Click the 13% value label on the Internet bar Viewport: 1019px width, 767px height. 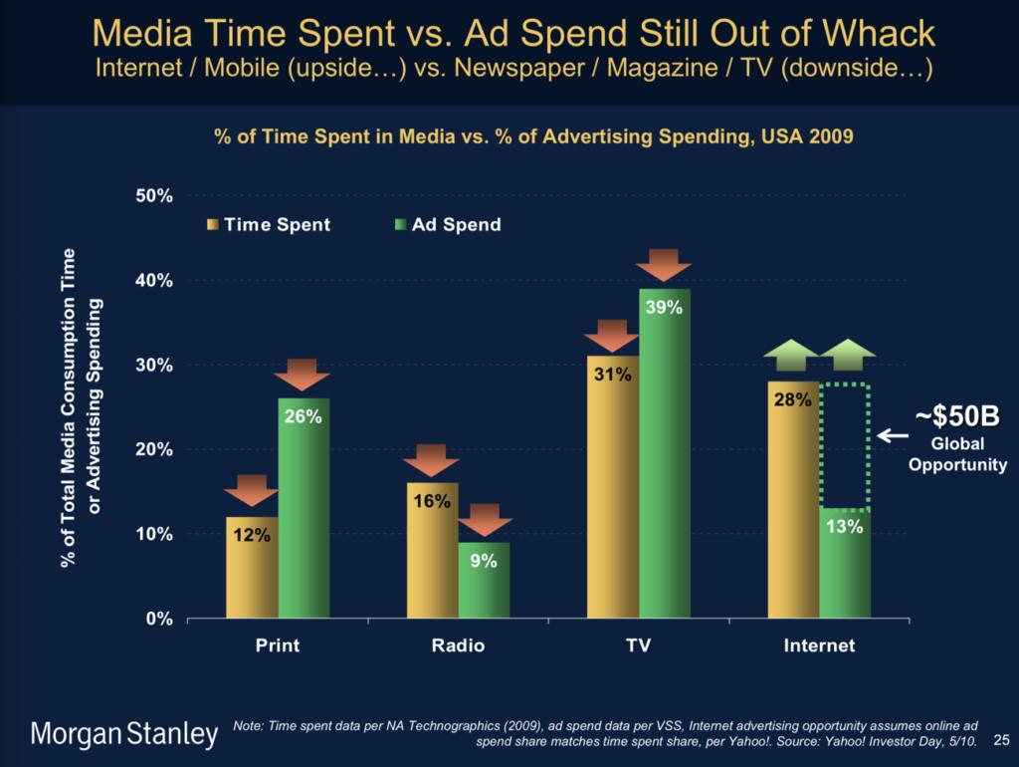coord(845,527)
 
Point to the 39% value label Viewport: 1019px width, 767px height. coord(664,308)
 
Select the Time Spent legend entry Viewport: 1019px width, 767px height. coord(269,225)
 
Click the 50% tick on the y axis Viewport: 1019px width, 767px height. coord(154,196)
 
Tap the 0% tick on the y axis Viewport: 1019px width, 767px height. coord(159,619)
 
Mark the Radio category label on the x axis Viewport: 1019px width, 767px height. coord(458,646)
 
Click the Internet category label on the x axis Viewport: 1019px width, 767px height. coord(819,646)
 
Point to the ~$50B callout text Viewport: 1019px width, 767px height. coord(956,417)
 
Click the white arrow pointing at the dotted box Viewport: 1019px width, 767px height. coord(892,435)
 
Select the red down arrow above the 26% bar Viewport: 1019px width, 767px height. coord(303,375)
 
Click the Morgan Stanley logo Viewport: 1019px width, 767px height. coord(125,736)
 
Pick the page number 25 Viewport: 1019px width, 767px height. coord(1001,739)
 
